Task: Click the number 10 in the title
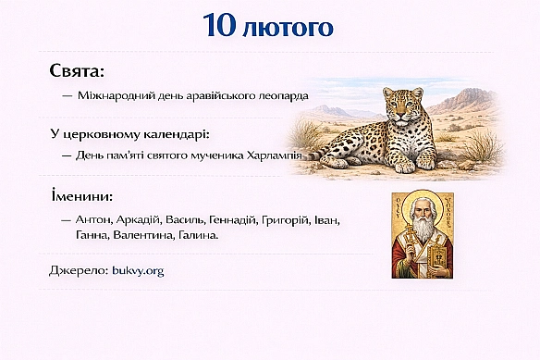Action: [224, 27]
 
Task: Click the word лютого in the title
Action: [288, 28]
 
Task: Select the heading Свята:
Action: [77, 71]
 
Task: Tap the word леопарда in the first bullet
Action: [281, 95]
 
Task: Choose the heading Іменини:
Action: [82, 197]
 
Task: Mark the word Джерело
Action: [77, 270]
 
